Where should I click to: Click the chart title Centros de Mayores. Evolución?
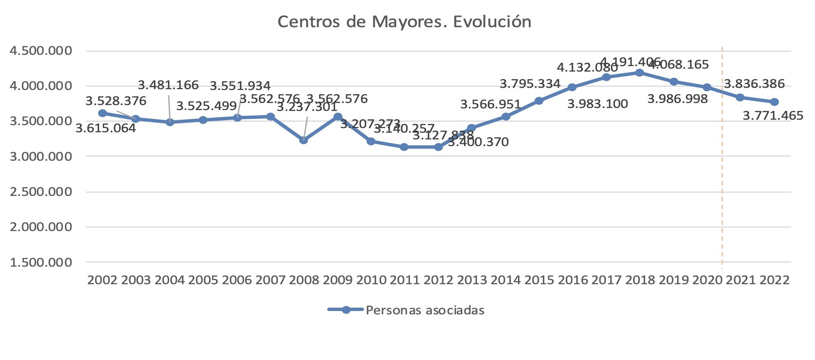click(x=404, y=22)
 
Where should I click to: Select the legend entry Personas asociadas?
click(x=425, y=310)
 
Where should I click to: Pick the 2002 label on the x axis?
click(x=102, y=280)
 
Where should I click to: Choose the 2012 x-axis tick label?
click(x=438, y=280)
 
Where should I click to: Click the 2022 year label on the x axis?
click(x=774, y=280)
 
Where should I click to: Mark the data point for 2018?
click(x=639, y=73)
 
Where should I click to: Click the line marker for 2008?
click(x=304, y=140)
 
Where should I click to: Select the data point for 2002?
click(x=102, y=113)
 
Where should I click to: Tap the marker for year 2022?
click(x=774, y=102)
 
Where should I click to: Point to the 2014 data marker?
click(x=505, y=116)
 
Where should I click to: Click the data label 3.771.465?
click(x=773, y=116)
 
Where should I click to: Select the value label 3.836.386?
click(x=754, y=84)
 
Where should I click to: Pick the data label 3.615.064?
click(x=105, y=128)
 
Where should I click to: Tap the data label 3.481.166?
click(x=168, y=85)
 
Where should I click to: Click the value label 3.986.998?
click(x=677, y=99)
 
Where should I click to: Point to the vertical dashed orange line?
click(x=722, y=167)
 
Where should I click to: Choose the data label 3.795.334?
click(x=530, y=84)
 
